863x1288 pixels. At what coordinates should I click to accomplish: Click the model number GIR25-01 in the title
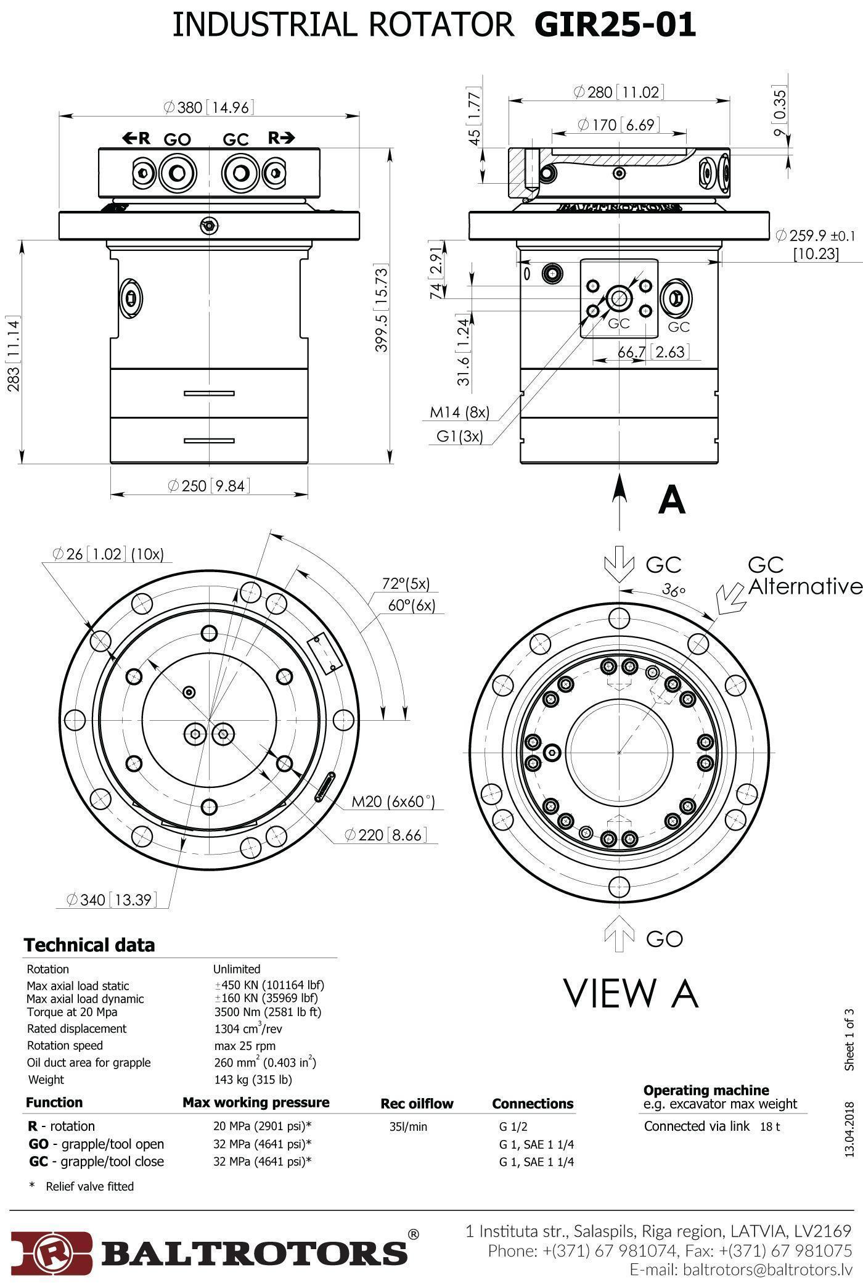[615, 25]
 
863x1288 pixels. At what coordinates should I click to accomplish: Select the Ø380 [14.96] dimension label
[208, 107]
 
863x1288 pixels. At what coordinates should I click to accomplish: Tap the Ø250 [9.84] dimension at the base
[209, 486]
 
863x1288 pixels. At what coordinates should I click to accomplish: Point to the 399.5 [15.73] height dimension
[382, 308]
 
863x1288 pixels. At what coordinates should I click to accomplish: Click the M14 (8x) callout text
[459, 412]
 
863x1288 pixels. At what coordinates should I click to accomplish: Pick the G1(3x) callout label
[459, 437]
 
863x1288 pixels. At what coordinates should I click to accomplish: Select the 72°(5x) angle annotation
[406, 583]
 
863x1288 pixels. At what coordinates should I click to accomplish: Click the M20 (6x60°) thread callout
[393, 802]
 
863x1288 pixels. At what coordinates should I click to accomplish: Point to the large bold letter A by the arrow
[671, 500]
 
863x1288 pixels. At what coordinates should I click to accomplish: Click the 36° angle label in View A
[674, 589]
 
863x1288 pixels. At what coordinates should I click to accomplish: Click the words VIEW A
[631, 993]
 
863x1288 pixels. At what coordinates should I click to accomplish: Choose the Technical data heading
[89, 945]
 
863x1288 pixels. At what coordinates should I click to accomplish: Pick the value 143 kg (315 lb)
[253, 1080]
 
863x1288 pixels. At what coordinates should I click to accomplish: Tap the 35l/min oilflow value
[407, 1127]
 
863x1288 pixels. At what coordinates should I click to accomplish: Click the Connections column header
[533, 1104]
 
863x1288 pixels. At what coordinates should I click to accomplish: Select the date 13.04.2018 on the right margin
[850, 1130]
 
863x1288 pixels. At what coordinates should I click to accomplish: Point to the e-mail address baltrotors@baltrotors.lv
[767, 1270]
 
